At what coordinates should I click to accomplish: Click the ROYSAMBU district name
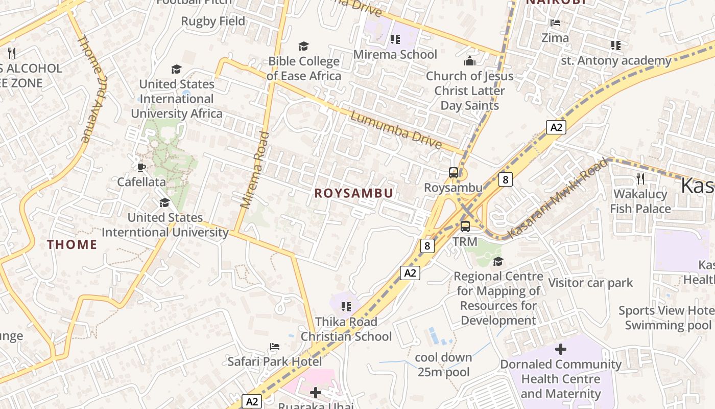tap(353, 193)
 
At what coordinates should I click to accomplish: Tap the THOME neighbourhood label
tap(72, 245)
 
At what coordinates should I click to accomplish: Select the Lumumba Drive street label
tap(396, 130)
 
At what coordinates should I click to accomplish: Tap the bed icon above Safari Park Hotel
tap(275, 347)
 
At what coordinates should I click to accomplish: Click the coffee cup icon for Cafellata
tap(141, 167)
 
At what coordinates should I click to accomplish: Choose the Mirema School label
tap(395, 55)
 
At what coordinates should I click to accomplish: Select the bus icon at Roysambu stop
tap(454, 173)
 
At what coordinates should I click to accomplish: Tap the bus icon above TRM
tap(465, 226)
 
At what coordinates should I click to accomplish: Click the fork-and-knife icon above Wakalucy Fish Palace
tap(640, 178)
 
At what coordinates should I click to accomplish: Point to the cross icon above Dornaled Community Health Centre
tap(561, 349)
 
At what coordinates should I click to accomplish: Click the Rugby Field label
tap(213, 21)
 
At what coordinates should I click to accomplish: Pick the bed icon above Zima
tap(555, 22)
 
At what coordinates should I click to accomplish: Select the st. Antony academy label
tap(616, 61)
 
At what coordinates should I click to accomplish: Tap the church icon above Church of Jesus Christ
tap(469, 61)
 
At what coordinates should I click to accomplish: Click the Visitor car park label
tap(590, 283)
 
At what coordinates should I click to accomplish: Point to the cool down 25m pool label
tap(443, 365)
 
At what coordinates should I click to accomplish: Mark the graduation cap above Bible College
tap(304, 47)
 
